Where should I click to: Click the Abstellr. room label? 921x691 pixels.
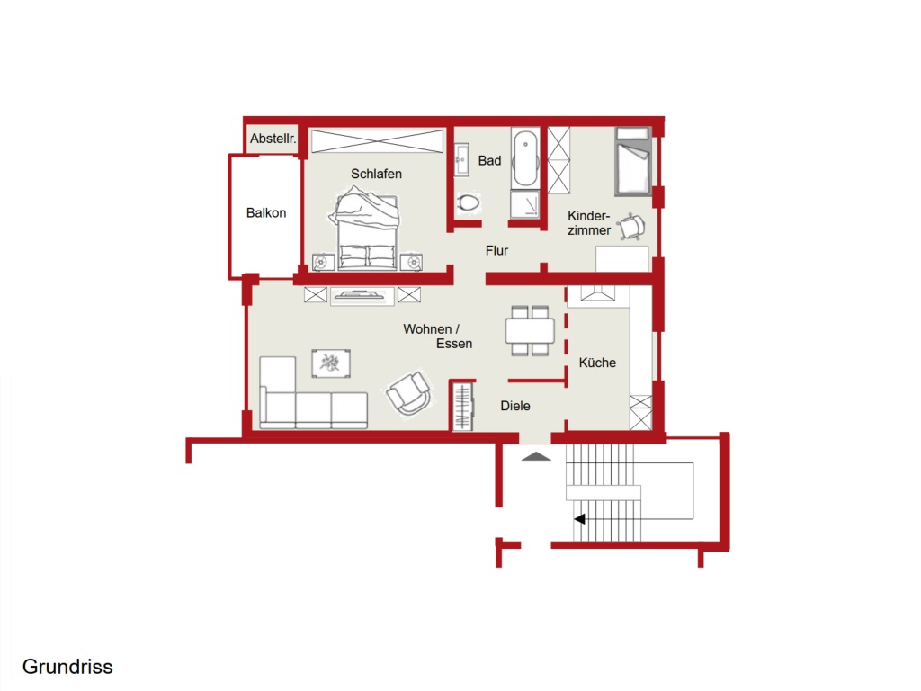(273, 139)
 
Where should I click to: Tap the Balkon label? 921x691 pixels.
(266, 212)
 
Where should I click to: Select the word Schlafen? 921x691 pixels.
(377, 174)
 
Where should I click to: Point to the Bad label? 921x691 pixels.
(489, 160)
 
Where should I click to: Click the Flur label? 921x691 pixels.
(496, 250)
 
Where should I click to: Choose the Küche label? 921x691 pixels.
(597, 363)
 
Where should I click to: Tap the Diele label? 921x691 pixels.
(515, 406)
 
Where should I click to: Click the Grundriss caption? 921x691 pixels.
(67, 667)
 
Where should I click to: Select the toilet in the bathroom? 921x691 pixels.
(468, 203)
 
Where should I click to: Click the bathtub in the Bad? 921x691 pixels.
(525, 158)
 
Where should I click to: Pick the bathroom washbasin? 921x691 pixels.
(461, 159)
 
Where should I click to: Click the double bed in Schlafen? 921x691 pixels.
(367, 229)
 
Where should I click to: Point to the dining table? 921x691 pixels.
(530, 331)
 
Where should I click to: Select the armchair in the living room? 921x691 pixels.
(408, 392)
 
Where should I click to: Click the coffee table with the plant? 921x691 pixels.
(331, 363)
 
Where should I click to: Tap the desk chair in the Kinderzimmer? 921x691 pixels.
(632, 226)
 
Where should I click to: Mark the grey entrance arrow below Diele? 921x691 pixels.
(536, 456)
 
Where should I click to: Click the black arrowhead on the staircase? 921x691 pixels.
(580, 519)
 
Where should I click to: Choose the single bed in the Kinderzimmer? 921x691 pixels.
(633, 161)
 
